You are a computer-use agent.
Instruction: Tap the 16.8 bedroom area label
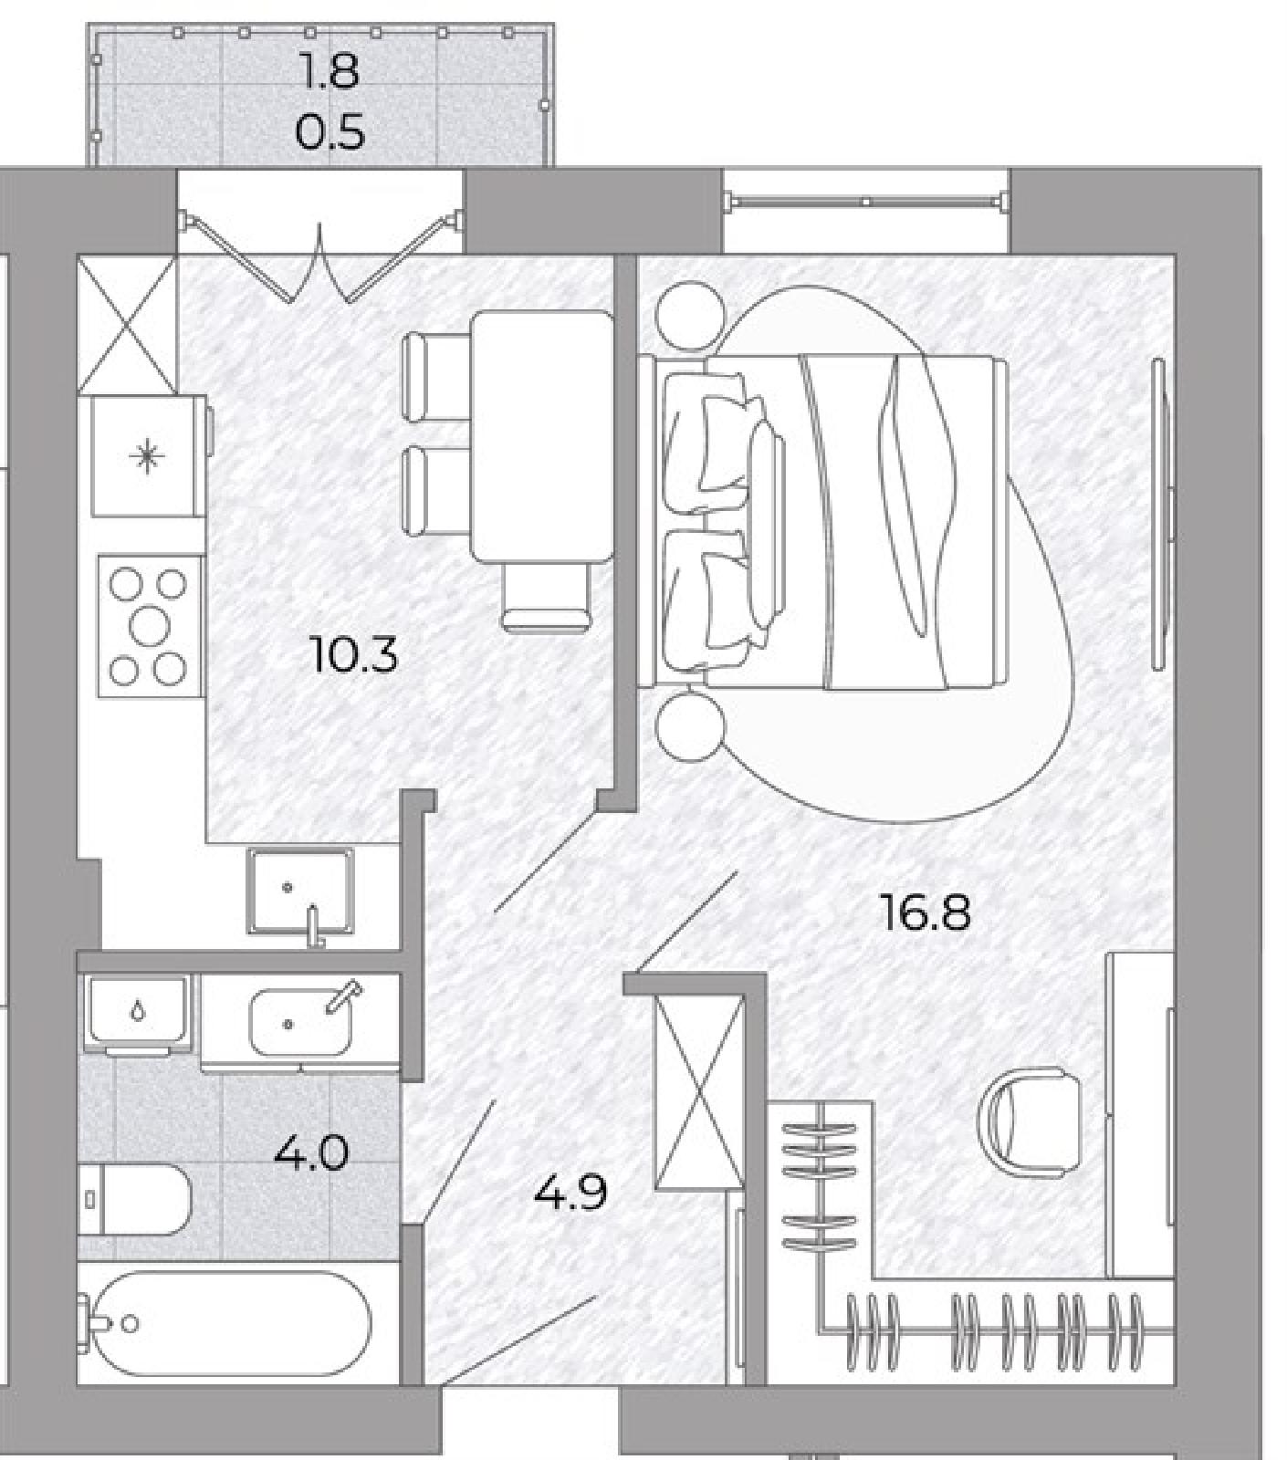[925, 912]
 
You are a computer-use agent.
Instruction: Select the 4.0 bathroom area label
[311, 1154]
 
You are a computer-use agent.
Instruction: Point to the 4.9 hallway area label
[570, 1192]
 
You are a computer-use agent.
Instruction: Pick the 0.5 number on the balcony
[330, 131]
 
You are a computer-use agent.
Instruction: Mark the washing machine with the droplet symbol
[138, 1013]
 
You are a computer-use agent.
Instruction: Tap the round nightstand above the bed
[690, 316]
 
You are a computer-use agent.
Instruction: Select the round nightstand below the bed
[690, 727]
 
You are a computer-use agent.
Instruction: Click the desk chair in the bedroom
[1028, 1118]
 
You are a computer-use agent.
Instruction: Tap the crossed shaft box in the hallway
[699, 1091]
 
